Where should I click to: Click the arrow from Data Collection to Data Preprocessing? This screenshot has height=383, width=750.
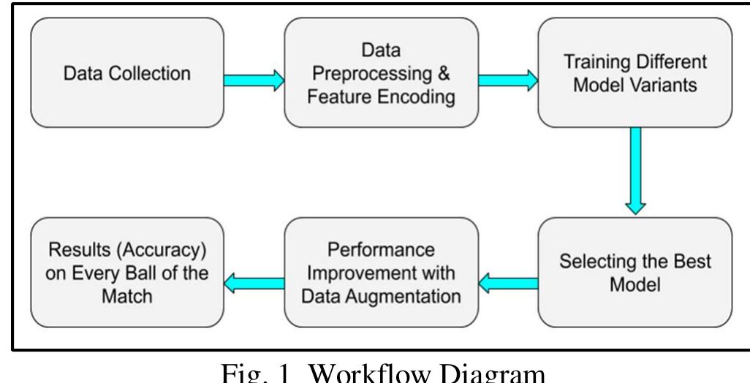tap(252, 81)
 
